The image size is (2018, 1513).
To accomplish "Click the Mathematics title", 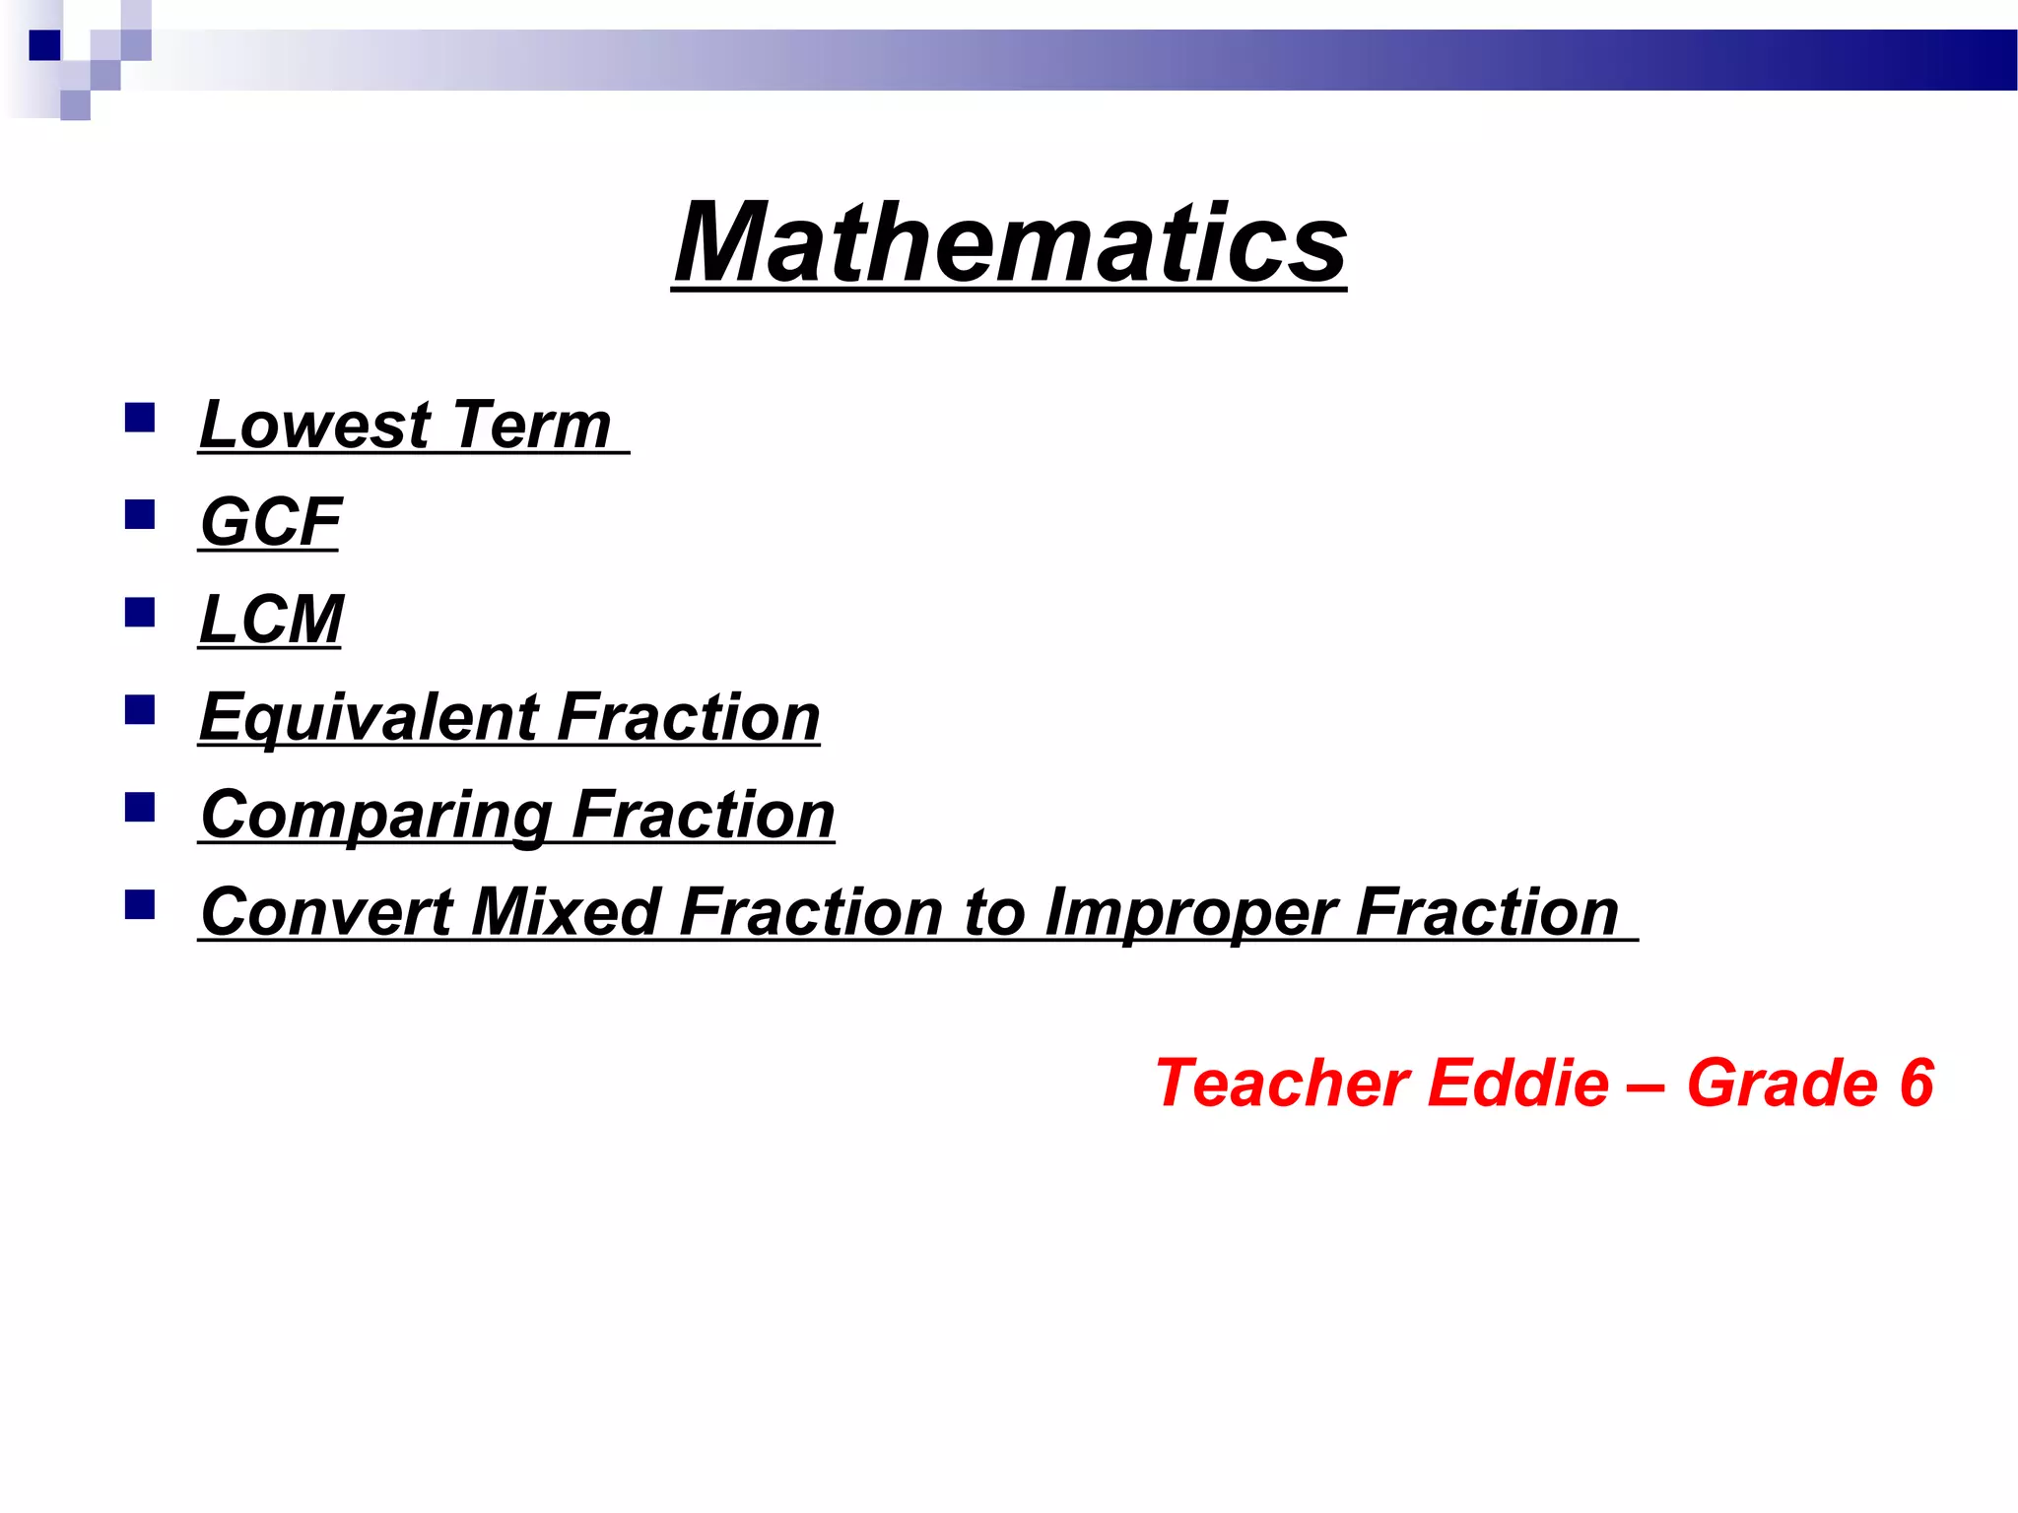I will (x=1009, y=242).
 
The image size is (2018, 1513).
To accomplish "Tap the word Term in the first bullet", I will (x=532, y=426).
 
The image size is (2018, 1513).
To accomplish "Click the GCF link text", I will (x=270, y=522).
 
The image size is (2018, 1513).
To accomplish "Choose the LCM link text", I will (x=271, y=620).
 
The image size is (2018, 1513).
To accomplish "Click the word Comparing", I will (x=375, y=816).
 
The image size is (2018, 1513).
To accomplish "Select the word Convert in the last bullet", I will (x=326, y=912).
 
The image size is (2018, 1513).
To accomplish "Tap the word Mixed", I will (x=566, y=912).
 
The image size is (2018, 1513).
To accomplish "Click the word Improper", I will (x=1189, y=912).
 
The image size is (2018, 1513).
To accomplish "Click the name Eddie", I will (x=1517, y=1084).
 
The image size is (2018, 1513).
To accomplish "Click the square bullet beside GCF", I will (x=140, y=515).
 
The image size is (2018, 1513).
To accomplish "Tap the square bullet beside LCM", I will (x=140, y=613).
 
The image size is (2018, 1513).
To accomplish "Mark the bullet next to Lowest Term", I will (x=140, y=419).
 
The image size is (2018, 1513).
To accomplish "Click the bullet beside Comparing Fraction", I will (x=140, y=808).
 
